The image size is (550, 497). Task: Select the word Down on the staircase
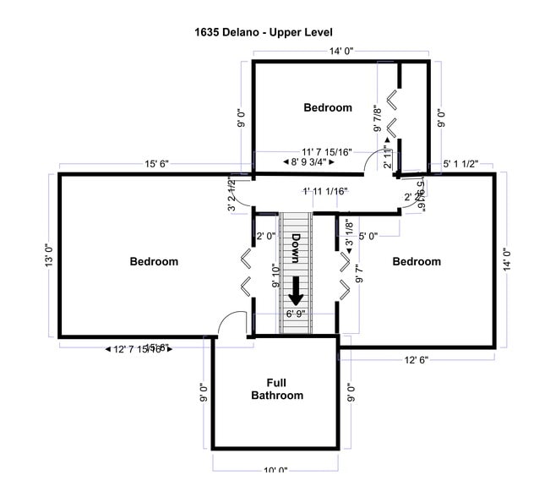point(297,251)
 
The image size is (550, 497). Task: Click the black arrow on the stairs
point(296,291)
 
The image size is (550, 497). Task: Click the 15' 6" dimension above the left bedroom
point(157,164)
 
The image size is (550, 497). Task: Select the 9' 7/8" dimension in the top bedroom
point(378,118)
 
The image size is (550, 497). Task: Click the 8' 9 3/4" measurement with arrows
point(308,161)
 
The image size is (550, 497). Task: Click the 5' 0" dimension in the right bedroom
point(368,236)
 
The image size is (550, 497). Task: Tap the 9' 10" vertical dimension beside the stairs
point(275,276)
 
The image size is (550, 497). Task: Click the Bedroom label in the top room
point(328,107)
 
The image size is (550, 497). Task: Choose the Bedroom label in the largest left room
point(154,261)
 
